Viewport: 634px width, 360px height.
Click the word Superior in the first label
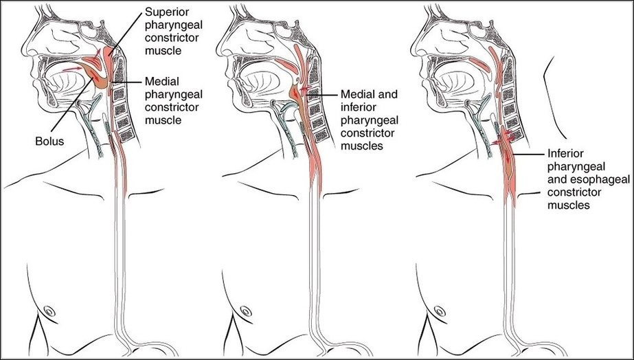pyautogui.click(x=167, y=12)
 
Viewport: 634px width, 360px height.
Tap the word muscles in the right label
pyautogui.click(x=567, y=205)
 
